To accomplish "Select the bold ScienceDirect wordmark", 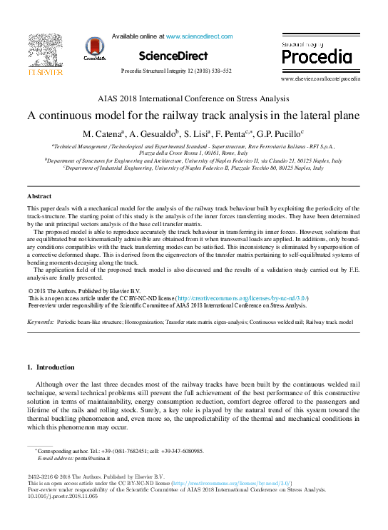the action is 173,56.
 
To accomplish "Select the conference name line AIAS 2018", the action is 193,99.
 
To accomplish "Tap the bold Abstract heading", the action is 39,195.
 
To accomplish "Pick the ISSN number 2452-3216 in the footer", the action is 41,477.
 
